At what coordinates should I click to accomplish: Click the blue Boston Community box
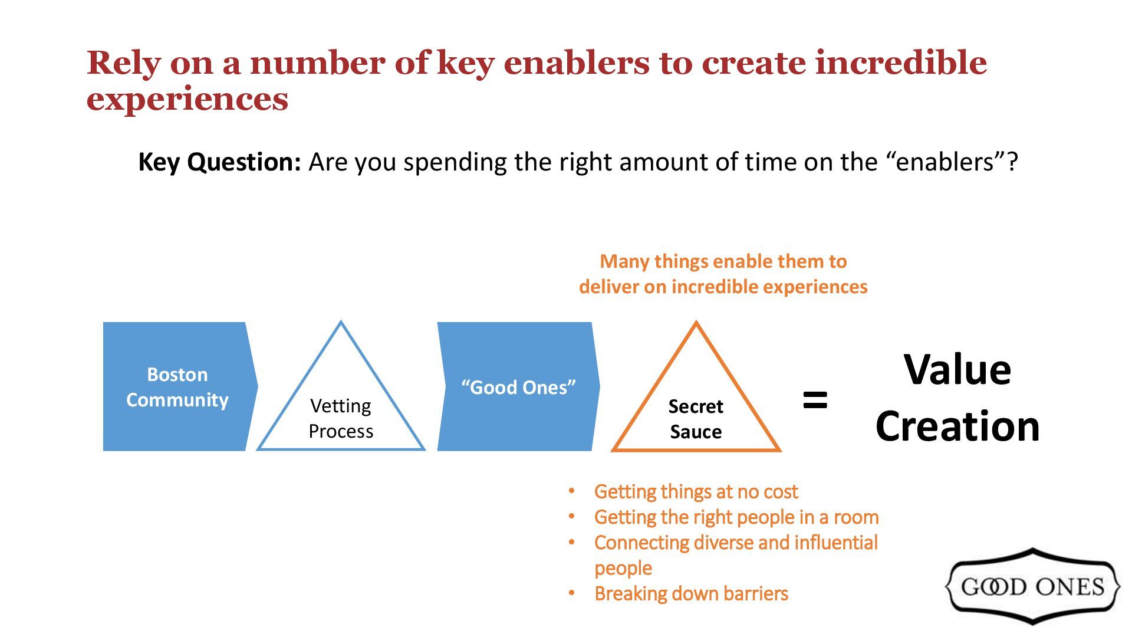coord(177,386)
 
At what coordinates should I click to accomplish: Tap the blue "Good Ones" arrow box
coord(518,387)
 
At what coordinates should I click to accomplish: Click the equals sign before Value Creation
coord(815,400)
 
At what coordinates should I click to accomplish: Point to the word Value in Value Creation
coord(957,370)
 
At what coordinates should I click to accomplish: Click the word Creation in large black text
coord(957,426)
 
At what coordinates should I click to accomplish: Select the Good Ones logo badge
coord(1032,586)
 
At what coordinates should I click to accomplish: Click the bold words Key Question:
coord(219,162)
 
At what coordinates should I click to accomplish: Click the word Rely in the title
coord(123,63)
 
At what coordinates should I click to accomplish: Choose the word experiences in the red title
coord(187,98)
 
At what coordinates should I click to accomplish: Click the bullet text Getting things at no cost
coord(696,491)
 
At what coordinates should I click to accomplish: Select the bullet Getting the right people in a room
coord(736,517)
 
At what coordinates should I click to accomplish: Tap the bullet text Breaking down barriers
coord(691,593)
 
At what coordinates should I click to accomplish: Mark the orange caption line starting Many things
coord(723,261)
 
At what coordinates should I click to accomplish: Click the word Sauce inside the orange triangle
coord(696,432)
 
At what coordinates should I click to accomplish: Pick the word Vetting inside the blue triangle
coord(341,406)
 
